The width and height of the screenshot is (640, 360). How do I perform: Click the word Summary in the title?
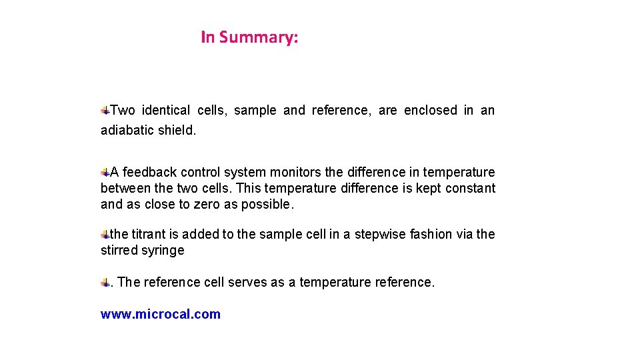click(x=259, y=37)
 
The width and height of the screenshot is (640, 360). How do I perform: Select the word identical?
click(x=166, y=111)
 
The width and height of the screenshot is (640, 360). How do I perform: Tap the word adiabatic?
click(x=127, y=131)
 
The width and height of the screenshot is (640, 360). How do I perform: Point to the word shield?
click(x=177, y=131)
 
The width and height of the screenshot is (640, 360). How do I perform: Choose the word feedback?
click(x=149, y=173)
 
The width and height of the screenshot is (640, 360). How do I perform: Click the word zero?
click(x=207, y=205)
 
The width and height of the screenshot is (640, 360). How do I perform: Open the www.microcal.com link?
click(x=161, y=315)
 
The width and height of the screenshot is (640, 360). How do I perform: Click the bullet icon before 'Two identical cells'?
click(x=105, y=109)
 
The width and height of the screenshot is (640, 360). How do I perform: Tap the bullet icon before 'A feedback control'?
click(x=105, y=171)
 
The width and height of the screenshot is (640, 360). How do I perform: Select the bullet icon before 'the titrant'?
click(x=105, y=234)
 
